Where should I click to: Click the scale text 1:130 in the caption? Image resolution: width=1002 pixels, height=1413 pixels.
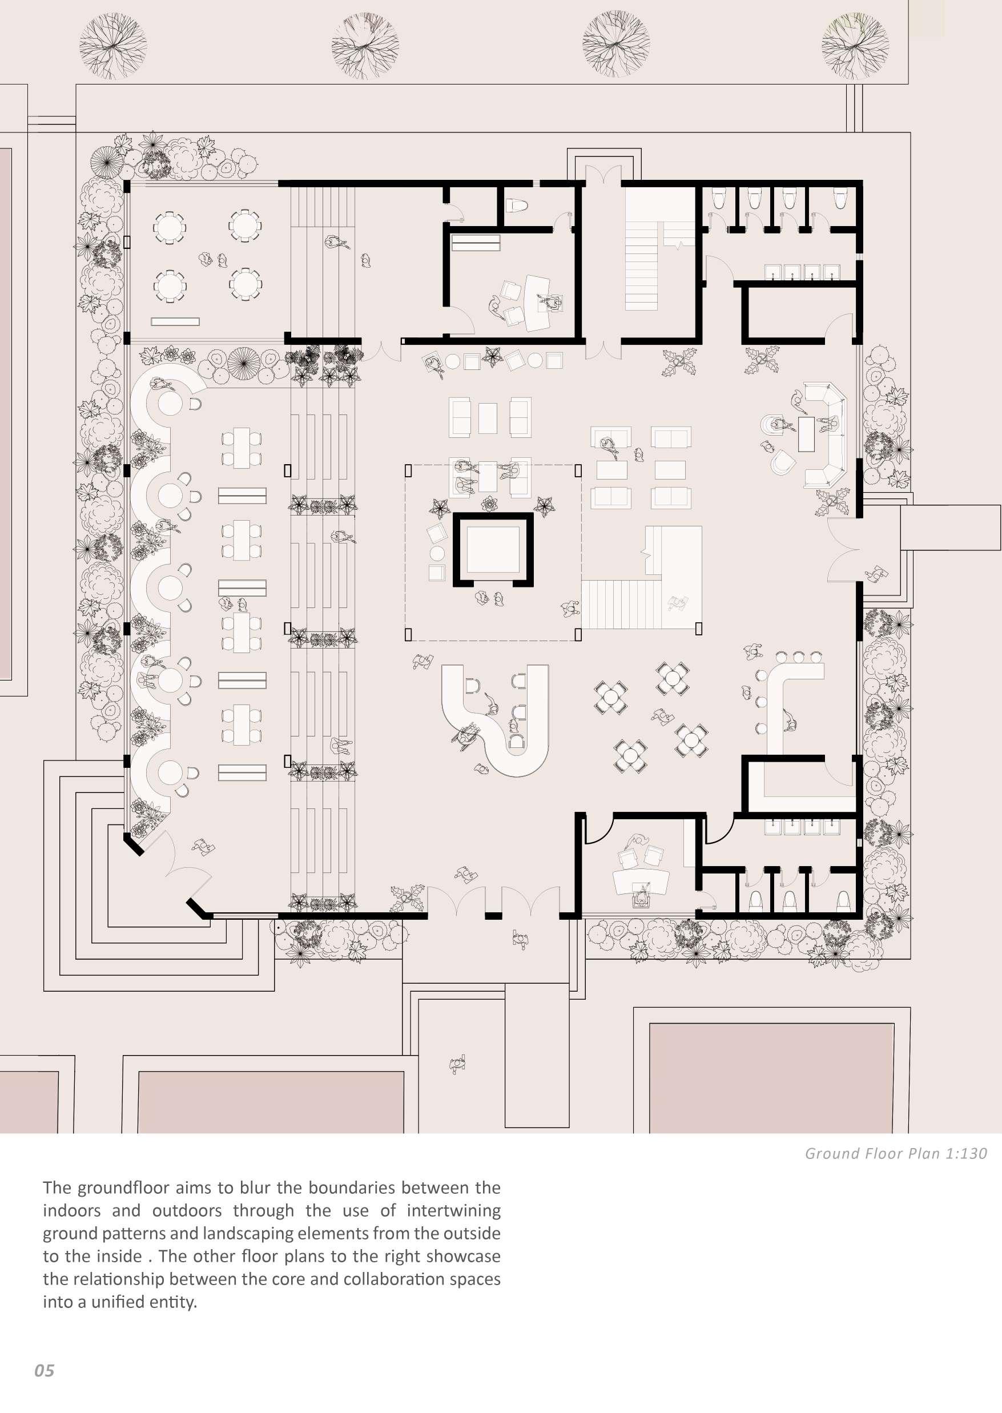[x=966, y=1153]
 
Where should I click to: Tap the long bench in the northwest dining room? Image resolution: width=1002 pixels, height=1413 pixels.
[x=175, y=321]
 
